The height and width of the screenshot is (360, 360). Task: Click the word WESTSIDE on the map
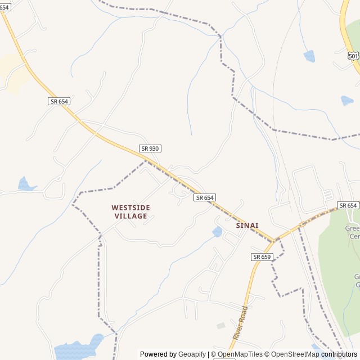[130, 208]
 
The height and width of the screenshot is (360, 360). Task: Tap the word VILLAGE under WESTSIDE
[130, 216]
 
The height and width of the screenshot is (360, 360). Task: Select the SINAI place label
[247, 226]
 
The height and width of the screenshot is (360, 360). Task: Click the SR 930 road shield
[150, 148]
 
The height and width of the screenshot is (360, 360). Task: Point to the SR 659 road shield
[262, 256]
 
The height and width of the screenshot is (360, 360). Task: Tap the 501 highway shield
[353, 56]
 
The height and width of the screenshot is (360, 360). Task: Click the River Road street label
[240, 322]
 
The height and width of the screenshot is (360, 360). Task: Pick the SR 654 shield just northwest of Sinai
[205, 197]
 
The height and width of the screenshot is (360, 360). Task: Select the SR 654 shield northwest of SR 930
[58, 101]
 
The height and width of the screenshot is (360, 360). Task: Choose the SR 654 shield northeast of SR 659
[348, 205]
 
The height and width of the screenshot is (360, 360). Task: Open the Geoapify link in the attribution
[192, 354]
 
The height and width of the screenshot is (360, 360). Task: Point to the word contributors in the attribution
[339, 354]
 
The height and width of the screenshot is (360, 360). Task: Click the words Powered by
[158, 354]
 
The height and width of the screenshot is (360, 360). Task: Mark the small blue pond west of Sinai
[217, 232]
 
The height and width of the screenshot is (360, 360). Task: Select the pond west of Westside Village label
[25, 184]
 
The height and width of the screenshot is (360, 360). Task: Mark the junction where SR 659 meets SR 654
[274, 241]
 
